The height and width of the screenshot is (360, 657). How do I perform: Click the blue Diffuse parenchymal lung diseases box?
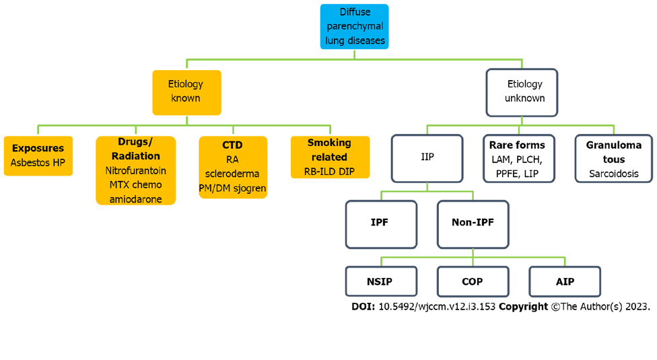[355, 27]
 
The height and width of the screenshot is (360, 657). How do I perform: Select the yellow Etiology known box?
[186, 92]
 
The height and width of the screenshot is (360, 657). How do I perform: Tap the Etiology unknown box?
[522, 92]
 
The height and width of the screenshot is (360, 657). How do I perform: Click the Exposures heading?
[38, 148]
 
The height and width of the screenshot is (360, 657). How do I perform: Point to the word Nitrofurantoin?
[136, 171]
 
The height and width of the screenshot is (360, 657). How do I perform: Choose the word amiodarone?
[136, 199]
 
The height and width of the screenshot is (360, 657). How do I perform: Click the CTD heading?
[232, 145]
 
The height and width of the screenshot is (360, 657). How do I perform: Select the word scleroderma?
[232, 174]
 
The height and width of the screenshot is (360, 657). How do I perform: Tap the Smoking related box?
[330, 157]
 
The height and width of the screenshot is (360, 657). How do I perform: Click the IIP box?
[427, 157]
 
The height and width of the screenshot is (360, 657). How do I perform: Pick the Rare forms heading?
[517, 145]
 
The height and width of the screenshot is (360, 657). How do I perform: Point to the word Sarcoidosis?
[613, 174]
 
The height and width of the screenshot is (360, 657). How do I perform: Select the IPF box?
[380, 223]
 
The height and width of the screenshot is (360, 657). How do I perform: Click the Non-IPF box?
[473, 223]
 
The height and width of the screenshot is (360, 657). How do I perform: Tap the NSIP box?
[380, 281]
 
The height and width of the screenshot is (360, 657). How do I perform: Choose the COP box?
[473, 281]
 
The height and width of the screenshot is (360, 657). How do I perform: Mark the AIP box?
[565, 281]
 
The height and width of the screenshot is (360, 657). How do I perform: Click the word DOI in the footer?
[363, 306]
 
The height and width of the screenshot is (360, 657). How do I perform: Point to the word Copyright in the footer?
[523, 306]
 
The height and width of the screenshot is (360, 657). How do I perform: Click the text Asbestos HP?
[38, 163]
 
